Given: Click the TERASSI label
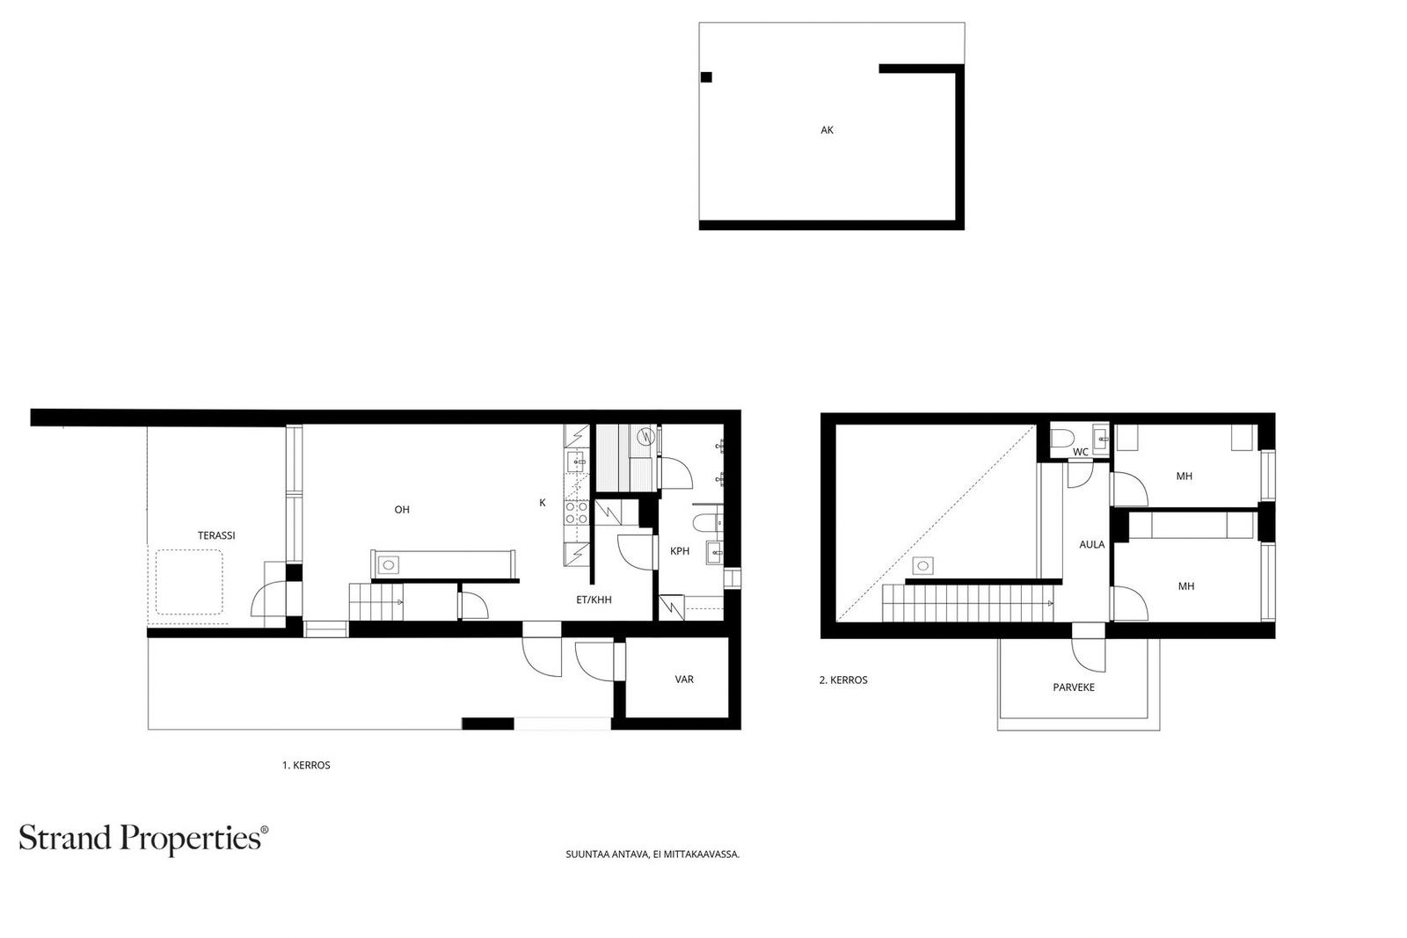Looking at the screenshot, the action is (216, 535).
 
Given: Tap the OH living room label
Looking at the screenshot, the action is (402, 510).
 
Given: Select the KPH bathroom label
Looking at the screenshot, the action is (680, 551).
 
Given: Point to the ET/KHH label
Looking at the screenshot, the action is (594, 600).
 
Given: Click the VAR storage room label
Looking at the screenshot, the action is (684, 680).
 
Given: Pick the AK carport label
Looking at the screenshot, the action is (827, 130).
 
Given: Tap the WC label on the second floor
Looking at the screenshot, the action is (1081, 452).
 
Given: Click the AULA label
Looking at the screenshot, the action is (1091, 545).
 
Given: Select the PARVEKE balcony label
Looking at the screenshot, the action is (1074, 687).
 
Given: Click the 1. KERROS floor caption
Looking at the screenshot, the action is (306, 766).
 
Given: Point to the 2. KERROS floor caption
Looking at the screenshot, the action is (843, 680).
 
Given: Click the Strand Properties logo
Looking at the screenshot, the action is (143, 839).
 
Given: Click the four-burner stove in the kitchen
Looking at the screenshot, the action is (577, 513).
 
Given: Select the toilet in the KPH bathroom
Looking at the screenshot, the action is (708, 522).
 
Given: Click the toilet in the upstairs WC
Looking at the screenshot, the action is (1063, 437).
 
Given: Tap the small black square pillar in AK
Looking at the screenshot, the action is (706, 77).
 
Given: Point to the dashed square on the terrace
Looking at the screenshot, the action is (189, 582).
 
